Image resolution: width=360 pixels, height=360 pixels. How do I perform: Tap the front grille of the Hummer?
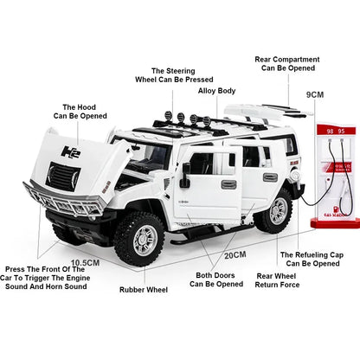(x=65, y=178)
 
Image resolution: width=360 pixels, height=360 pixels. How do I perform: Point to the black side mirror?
(x=184, y=175)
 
